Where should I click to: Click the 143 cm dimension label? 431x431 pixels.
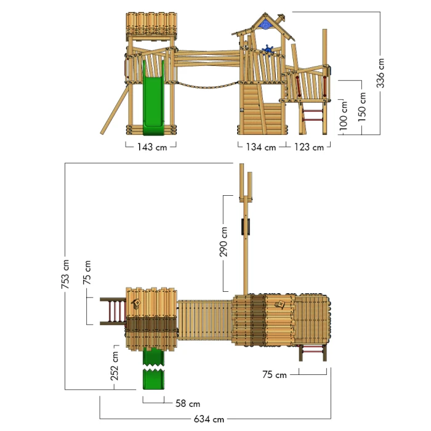(x=151, y=147)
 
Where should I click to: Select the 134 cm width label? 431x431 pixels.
(x=261, y=147)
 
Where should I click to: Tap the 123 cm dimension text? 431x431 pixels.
(x=309, y=147)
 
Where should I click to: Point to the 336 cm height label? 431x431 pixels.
(x=381, y=73)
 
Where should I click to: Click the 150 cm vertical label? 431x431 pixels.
(x=362, y=107)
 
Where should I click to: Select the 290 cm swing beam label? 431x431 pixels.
(x=224, y=241)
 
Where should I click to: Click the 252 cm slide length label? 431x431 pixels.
(x=115, y=367)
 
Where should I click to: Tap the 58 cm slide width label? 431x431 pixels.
(x=187, y=404)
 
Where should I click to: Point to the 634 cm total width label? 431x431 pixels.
(x=209, y=419)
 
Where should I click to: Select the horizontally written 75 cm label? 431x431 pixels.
(x=275, y=374)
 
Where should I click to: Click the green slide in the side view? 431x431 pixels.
(x=153, y=99)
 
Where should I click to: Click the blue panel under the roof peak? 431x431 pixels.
(x=266, y=24)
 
